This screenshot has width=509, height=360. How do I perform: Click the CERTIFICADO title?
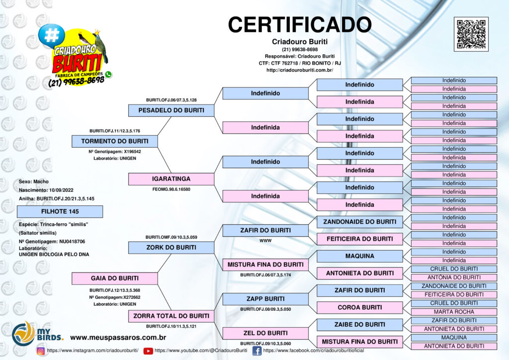[x=300, y=25]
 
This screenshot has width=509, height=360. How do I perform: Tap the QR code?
[x=471, y=34]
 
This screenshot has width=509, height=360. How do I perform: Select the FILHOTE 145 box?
[x=60, y=211]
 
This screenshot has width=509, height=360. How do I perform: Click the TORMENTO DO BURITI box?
[x=115, y=141]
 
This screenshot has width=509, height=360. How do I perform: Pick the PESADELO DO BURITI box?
[x=171, y=110]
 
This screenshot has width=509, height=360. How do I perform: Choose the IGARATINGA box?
[x=171, y=179]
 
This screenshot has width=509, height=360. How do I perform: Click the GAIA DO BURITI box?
[x=115, y=278]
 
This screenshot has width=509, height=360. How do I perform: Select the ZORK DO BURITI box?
[x=171, y=247]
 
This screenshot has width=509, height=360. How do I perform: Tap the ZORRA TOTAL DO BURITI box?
[x=171, y=316]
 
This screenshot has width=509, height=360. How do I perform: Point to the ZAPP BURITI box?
[x=265, y=299]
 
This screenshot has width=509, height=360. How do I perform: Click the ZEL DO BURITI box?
[x=265, y=333]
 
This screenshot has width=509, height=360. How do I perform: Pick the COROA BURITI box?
[x=360, y=307]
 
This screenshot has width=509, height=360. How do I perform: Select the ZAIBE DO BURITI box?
[x=360, y=325]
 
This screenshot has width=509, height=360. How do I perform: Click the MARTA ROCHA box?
[x=454, y=312]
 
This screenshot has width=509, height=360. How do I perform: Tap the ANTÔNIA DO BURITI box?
[x=454, y=277]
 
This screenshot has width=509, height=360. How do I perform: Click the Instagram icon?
[x=41, y=351]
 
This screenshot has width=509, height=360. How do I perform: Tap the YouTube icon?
[x=148, y=351]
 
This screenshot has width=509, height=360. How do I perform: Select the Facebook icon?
[x=257, y=351]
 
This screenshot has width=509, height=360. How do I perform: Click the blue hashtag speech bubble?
[x=51, y=35]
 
